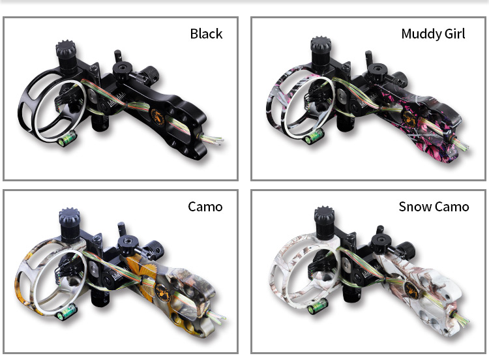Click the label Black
click(x=206, y=34)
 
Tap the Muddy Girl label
click(x=433, y=34)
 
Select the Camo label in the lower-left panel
click(x=205, y=207)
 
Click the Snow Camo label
click(x=434, y=207)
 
